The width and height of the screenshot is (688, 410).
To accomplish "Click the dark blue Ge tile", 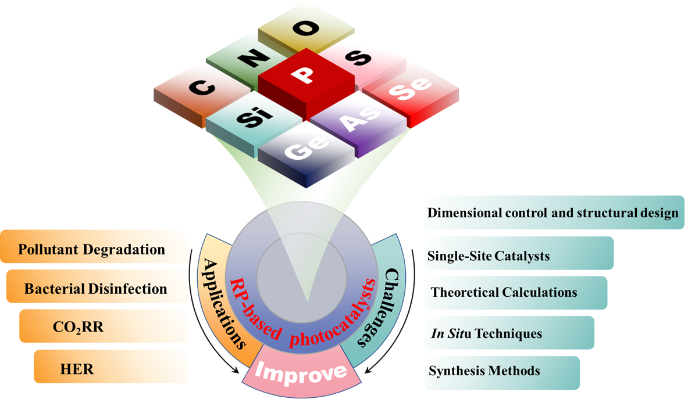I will click(305, 149).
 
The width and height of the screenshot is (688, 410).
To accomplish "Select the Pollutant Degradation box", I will click(92, 250).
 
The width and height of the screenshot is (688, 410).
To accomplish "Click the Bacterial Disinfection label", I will click(95, 289).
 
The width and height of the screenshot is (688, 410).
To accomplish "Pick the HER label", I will click(76, 368).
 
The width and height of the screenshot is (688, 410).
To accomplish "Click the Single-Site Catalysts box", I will click(489, 256).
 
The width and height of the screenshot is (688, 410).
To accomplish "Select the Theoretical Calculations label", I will click(504, 292).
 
